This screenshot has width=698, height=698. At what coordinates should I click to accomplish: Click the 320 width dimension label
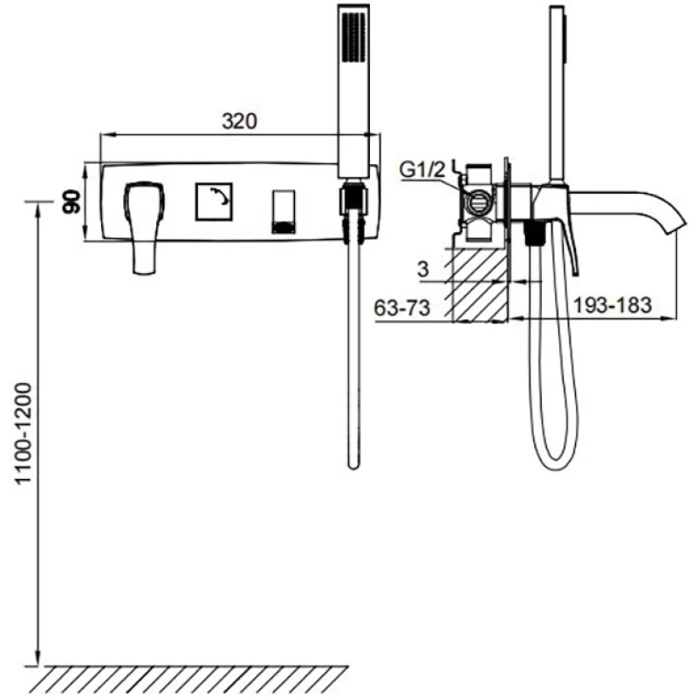(239, 121)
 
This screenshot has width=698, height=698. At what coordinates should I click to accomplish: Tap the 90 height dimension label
(72, 202)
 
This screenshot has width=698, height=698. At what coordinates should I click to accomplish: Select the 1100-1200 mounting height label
(24, 432)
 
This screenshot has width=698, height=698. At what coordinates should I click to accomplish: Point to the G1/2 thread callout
(422, 169)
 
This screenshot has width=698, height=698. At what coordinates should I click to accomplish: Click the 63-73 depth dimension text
(402, 308)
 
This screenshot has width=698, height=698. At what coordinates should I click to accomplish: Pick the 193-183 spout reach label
(612, 305)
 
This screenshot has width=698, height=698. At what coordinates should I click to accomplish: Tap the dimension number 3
(423, 269)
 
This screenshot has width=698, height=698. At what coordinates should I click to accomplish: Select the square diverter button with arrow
(214, 202)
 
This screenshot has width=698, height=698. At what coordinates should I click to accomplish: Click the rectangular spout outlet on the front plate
(283, 212)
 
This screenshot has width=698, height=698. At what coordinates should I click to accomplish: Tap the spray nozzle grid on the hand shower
(353, 37)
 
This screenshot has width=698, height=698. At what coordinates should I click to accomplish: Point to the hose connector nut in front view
(354, 202)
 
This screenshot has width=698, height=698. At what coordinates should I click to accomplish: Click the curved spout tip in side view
(675, 225)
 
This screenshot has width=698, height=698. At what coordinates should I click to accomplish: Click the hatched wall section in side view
(480, 285)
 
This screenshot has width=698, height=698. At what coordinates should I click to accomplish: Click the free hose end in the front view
(353, 464)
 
